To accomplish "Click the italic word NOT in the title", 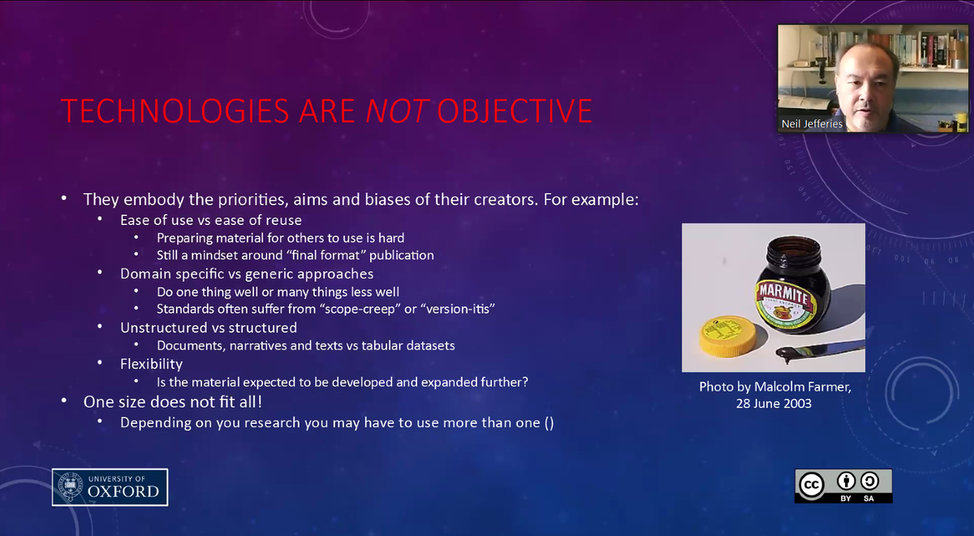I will (x=396, y=111).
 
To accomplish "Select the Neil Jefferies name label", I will (x=812, y=123).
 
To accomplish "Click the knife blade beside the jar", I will (x=820, y=351).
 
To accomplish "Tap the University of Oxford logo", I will (x=110, y=487).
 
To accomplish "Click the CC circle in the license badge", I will (x=811, y=485).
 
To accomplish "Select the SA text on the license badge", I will (x=868, y=497).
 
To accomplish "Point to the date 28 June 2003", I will (x=774, y=404).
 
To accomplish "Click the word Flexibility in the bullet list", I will (x=151, y=364).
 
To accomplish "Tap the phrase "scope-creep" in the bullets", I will (x=364, y=309).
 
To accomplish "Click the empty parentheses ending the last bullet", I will (x=549, y=423).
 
